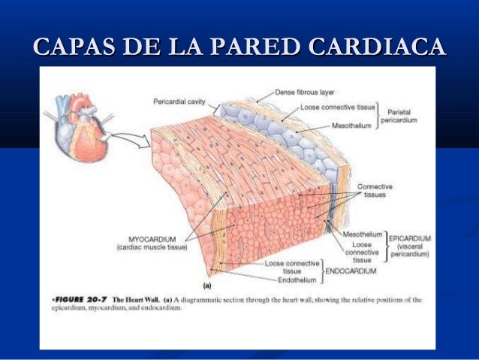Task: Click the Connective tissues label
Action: [375, 190]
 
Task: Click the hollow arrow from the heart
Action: [134, 139]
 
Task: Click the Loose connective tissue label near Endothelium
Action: [293, 267]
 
